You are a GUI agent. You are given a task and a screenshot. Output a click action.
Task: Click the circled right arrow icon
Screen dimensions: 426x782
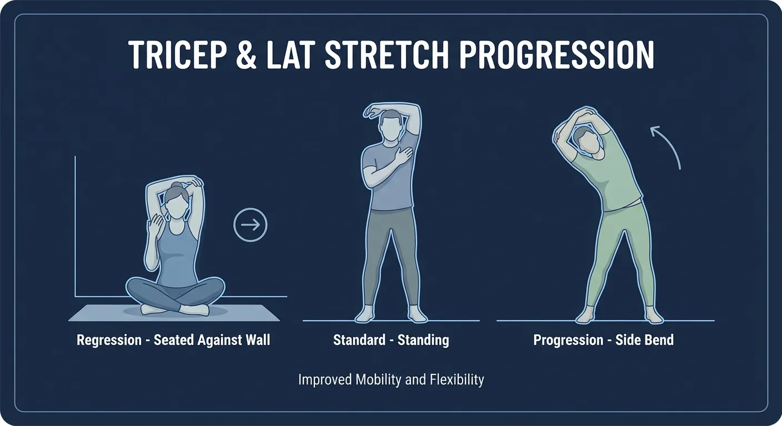point(250,225)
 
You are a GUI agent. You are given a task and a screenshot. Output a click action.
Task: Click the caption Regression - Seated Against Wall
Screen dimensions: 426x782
point(173,339)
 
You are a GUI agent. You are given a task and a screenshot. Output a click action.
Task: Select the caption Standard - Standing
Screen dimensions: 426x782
point(391,339)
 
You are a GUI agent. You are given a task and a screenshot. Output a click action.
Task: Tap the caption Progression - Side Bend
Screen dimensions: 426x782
point(604,339)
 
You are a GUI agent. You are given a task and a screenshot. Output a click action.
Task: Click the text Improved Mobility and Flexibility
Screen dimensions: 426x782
point(391,380)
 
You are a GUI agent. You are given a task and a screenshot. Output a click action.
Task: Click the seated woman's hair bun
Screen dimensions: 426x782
point(176,186)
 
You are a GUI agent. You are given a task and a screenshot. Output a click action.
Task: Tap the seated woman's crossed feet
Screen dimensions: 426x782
point(175,309)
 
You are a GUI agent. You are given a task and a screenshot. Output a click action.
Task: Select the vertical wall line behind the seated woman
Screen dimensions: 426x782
point(75,222)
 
